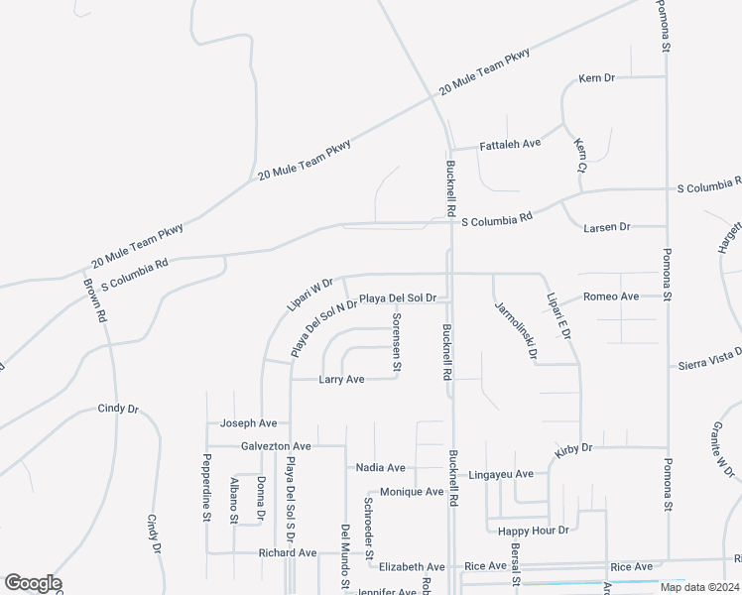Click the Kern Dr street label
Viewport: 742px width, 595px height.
tap(597, 77)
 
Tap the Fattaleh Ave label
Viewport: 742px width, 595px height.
tap(510, 144)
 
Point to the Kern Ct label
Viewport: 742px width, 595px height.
tap(581, 156)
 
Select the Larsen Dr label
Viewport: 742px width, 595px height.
tap(606, 227)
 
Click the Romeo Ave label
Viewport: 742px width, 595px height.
tap(611, 297)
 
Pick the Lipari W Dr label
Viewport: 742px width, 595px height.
tap(309, 296)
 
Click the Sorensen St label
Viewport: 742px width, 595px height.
tap(397, 342)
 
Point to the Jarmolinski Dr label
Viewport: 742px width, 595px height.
tap(516, 330)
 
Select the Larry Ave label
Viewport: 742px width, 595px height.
tap(341, 380)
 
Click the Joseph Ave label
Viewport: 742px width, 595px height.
tap(248, 423)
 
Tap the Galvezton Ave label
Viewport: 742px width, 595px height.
tap(276, 447)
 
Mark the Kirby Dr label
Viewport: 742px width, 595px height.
tap(573, 449)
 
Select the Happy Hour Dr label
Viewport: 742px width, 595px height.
tap(535, 531)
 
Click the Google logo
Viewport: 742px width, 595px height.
tap(33, 583)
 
